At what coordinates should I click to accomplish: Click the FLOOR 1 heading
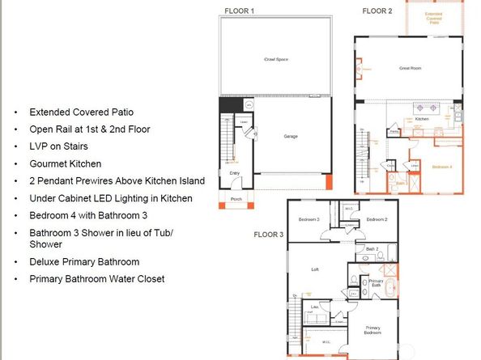tap(239, 11)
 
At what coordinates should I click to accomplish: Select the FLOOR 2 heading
tap(377, 11)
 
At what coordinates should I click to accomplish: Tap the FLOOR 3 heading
tap(270, 235)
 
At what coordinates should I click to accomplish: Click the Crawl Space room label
tap(276, 60)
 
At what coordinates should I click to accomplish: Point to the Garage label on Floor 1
tap(291, 136)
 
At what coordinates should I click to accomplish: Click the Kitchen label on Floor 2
tap(421, 119)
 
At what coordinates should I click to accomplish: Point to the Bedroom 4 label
tap(441, 167)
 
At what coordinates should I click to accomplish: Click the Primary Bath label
tap(376, 283)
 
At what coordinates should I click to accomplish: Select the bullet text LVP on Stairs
tap(57, 146)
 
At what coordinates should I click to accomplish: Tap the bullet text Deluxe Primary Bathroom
tap(84, 261)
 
